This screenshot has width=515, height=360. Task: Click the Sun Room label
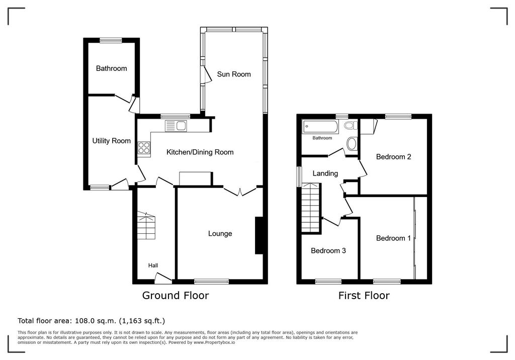(233, 74)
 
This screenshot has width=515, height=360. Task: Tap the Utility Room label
(111, 141)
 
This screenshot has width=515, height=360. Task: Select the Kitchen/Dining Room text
(200, 152)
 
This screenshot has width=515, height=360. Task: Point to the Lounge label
(220, 233)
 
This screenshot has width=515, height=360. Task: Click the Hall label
(153, 265)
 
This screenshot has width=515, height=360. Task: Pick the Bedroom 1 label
(393, 238)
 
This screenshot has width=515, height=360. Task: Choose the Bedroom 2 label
(393, 157)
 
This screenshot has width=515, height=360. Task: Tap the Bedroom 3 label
(328, 250)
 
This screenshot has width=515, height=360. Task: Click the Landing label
(325, 173)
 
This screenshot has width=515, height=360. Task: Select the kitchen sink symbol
(176, 126)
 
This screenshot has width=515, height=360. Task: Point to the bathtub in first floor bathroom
(320, 127)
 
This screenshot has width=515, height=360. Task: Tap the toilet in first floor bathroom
(351, 125)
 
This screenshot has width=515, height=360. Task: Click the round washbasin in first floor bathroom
(352, 143)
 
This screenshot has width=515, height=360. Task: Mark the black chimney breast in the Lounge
(259, 235)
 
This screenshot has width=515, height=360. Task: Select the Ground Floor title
(176, 295)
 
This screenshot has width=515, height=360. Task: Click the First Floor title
(364, 295)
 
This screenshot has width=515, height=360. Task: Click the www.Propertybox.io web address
(214, 342)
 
